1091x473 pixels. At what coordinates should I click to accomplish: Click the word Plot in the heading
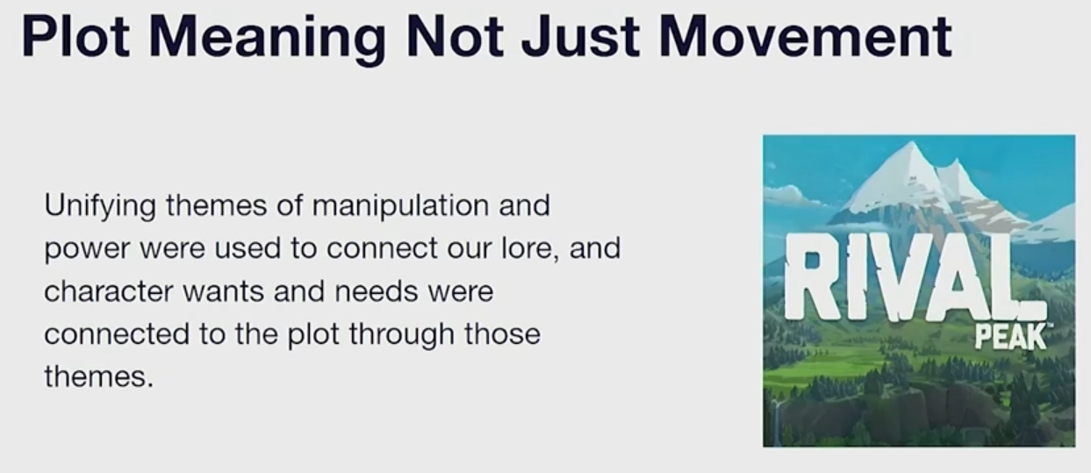tap(75, 37)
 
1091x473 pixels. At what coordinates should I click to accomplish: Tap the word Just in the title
tap(580, 37)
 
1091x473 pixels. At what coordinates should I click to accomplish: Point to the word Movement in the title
tap(805, 37)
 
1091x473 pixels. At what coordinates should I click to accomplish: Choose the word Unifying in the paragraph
tap(100, 206)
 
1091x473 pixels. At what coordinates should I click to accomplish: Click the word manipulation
tap(400, 206)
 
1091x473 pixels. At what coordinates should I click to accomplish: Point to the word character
tap(109, 291)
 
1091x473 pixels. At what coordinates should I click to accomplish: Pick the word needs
tap(376, 291)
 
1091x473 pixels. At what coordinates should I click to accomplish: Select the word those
tap(502, 334)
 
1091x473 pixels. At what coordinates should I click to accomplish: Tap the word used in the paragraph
tap(248, 248)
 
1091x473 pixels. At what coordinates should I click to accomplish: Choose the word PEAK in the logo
tap(1010, 337)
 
